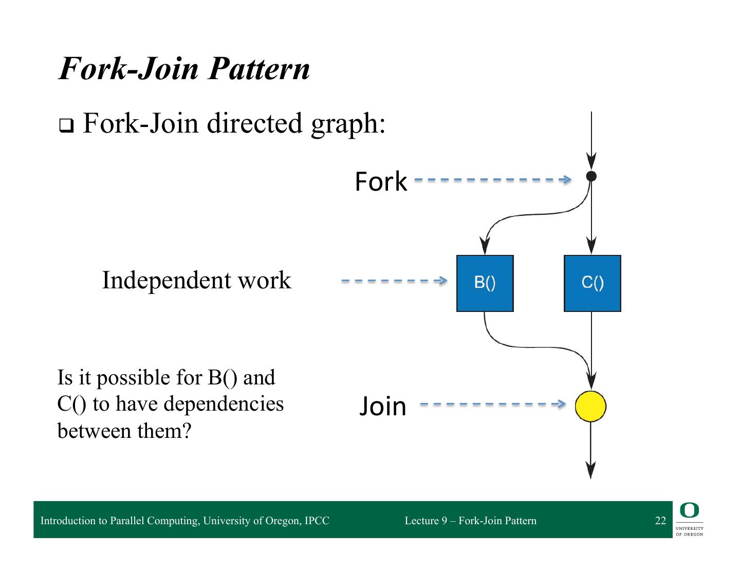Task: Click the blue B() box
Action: click(485, 283)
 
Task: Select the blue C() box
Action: click(592, 283)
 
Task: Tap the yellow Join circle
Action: click(590, 406)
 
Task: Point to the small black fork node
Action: click(591, 176)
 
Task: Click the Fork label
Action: click(380, 182)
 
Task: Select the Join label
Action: click(382, 407)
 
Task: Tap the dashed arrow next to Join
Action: click(492, 404)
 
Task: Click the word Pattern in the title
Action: click(259, 68)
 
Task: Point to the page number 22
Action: click(660, 521)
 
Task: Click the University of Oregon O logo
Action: click(689, 511)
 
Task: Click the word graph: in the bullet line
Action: click(348, 124)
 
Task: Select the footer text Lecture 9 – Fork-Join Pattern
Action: click(470, 521)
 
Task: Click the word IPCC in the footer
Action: click(317, 521)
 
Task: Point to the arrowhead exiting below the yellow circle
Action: click(591, 469)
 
